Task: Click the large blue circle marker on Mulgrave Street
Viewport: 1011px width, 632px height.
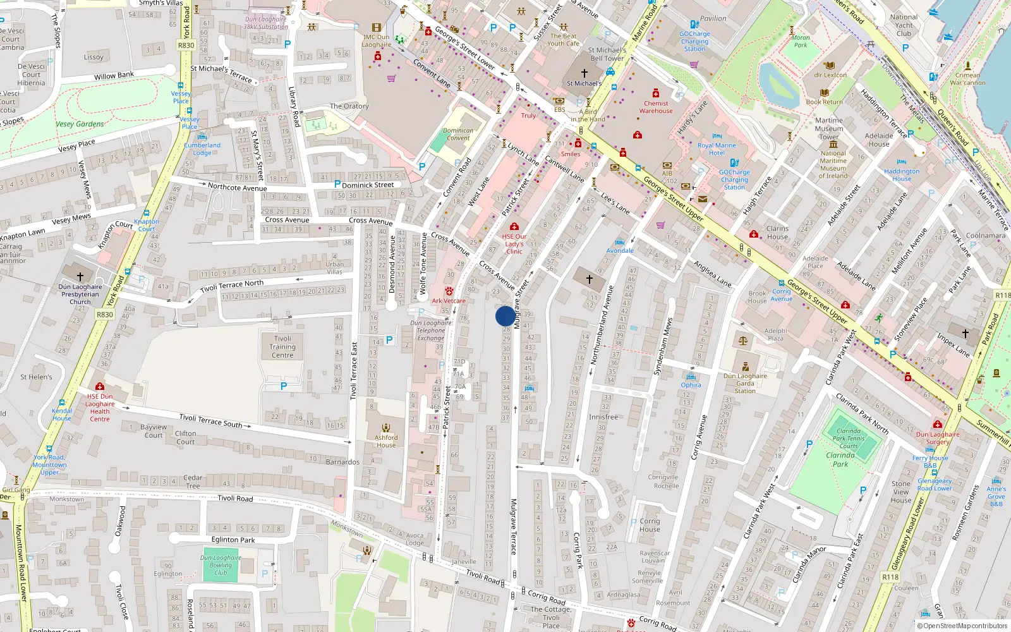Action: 505,316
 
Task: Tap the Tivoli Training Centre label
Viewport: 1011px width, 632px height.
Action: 282,346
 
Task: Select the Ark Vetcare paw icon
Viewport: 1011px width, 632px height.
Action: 449,291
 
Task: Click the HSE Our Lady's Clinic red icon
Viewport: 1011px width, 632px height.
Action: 514,226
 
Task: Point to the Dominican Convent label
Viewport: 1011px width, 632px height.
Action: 458,134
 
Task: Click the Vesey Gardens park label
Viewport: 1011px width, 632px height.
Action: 80,124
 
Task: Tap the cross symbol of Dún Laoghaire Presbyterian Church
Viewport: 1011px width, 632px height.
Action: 80,277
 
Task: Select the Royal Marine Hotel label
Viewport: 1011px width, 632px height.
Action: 717,149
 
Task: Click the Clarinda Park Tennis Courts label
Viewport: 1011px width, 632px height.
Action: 849,438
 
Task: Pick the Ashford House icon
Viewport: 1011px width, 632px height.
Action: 386,428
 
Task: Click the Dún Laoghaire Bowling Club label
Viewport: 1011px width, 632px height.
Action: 221,565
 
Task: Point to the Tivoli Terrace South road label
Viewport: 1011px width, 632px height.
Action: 210,420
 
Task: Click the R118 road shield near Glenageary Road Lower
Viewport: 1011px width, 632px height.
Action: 890,576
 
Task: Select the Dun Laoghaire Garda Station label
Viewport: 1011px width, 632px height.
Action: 745,383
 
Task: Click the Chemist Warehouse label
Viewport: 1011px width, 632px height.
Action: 656,107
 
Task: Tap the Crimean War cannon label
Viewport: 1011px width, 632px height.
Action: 967,78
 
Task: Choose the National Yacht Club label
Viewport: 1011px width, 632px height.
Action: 904,25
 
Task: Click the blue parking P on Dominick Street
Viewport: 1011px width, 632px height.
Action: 337,184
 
